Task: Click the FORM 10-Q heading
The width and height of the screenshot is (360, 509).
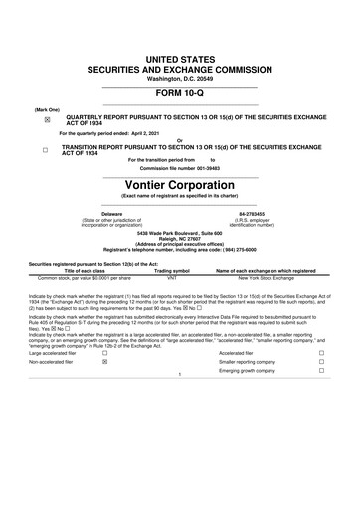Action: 179,94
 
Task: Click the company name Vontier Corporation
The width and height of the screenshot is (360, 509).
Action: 179,184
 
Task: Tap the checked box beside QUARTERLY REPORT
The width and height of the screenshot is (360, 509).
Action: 46,119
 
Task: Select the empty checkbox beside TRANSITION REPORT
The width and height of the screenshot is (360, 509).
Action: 46,151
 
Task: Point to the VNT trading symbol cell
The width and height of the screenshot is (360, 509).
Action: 172,276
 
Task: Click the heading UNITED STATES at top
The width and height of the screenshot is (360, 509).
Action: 179,34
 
